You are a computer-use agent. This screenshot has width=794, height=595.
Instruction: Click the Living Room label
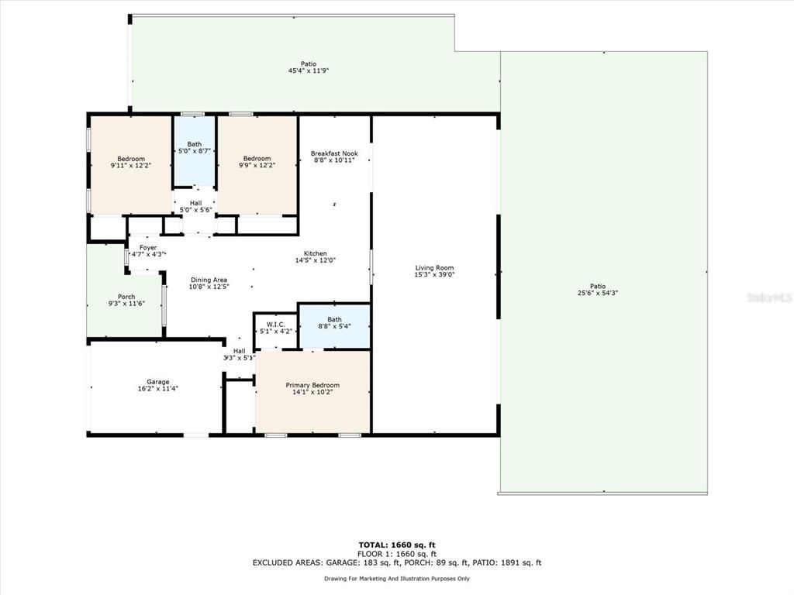(434, 268)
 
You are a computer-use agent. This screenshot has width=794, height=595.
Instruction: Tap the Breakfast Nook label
(334, 153)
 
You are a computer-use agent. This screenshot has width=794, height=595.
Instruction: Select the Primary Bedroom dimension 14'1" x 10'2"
(312, 393)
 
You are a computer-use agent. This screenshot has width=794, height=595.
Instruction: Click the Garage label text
(158, 382)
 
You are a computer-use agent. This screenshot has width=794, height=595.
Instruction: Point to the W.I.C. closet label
(276, 324)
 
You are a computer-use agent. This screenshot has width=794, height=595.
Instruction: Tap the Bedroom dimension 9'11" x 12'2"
(131, 166)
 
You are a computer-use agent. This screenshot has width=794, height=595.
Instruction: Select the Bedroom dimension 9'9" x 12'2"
(257, 166)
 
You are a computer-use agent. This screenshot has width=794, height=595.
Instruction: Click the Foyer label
(147, 247)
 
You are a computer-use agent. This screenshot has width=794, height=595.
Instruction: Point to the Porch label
(126, 297)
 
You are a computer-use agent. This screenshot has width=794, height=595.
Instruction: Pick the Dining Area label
(209, 280)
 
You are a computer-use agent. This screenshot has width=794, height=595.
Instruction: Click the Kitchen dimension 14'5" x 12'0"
(315, 260)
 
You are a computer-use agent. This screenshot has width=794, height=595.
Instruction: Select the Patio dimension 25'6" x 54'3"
(597, 293)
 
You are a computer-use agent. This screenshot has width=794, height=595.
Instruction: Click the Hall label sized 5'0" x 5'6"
(195, 209)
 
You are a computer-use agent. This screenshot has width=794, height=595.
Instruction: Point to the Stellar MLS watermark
(768, 297)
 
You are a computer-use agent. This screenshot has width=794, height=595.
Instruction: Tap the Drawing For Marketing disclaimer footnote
(397, 579)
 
